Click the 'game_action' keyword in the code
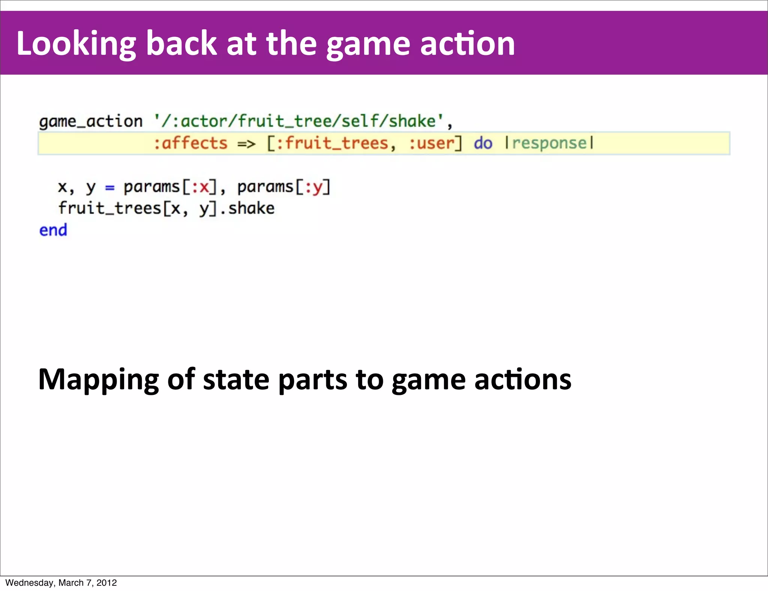tap(91, 121)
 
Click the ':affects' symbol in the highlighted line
tap(190, 143)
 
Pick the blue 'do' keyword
tap(483, 143)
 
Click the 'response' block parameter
tap(549, 143)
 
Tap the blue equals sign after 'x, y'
tap(109, 187)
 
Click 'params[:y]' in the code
tap(284, 187)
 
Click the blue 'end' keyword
tap(53, 230)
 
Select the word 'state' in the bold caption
tap(236, 379)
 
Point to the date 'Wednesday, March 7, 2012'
tap(61, 583)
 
